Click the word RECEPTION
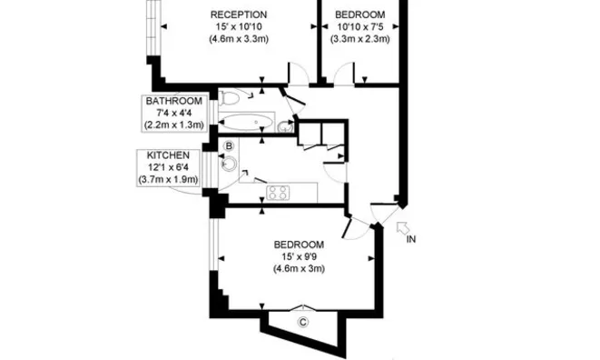238,15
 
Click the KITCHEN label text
167,155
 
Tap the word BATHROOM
172,100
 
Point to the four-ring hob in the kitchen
278,192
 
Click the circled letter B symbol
229,145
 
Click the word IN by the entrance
411,239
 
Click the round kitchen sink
229,165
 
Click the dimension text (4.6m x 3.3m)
238,40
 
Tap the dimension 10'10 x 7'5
359,27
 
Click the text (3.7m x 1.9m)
168,180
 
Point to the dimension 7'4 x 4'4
172,112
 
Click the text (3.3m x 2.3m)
359,40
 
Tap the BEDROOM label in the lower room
299,244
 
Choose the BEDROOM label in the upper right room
359,15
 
